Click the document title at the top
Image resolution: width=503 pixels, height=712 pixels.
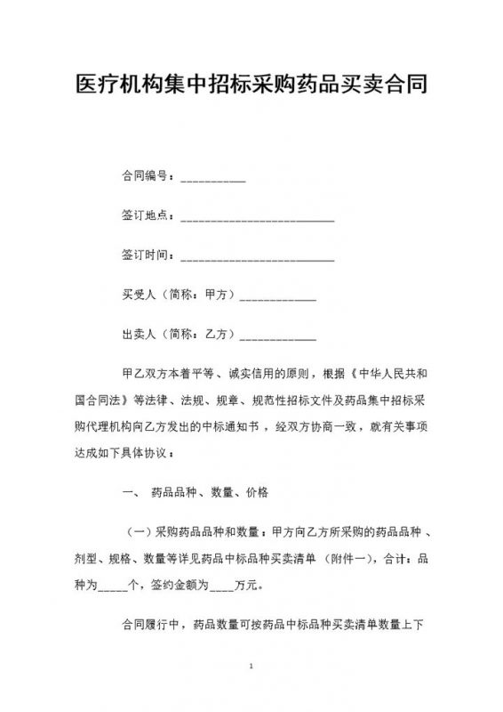[x=251, y=86]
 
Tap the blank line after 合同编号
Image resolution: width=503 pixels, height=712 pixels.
[x=213, y=178]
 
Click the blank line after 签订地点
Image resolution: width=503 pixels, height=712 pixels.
[x=257, y=218]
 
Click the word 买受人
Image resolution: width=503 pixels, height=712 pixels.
[x=139, y=296]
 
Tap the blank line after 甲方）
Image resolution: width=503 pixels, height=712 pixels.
[x=278, y=298]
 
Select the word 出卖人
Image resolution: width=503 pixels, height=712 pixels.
[x=139, y=336]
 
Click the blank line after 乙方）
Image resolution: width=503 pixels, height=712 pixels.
[x=278, y=338]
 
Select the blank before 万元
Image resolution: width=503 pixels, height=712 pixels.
[x=222, y=587]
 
